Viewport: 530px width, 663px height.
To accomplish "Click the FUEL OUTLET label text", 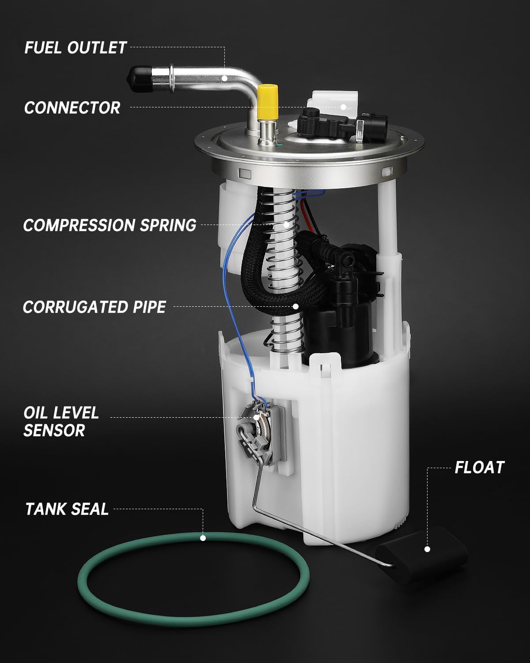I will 75,48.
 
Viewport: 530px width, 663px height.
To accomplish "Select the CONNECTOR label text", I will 72,108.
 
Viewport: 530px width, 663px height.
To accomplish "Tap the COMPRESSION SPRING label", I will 110,225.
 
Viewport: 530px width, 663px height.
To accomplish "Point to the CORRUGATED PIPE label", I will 94,307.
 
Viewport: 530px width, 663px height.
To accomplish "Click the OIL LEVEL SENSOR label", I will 61,422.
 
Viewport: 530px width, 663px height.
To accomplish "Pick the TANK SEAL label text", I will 67,509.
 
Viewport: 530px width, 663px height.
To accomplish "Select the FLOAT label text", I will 479,467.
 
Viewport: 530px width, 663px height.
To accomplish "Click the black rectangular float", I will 422,550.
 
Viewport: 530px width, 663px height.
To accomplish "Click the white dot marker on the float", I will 427,549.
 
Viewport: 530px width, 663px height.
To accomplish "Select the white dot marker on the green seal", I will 203,538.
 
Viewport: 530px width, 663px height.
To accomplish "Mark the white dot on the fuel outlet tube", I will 225,79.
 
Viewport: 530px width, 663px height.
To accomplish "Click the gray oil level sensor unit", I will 256,431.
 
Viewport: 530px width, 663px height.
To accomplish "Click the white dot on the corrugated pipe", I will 295,306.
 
